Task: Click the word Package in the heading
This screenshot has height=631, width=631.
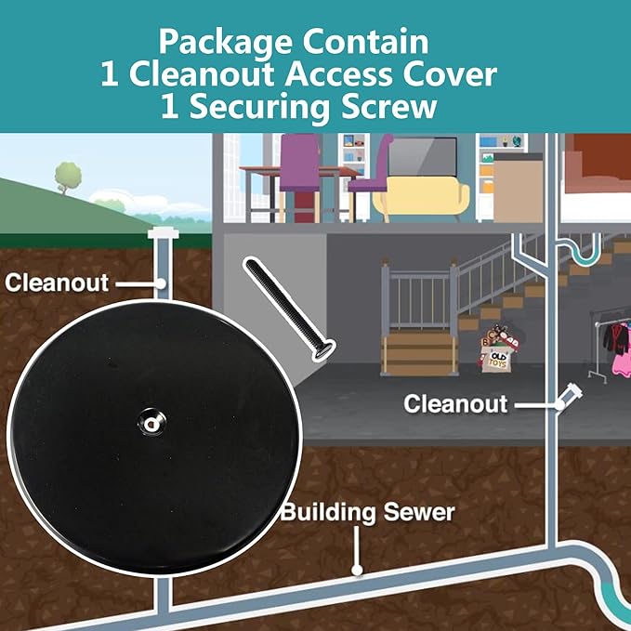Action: click(225, 43)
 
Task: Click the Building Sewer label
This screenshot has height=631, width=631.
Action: click(367, 512)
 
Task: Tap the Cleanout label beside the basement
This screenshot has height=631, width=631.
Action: click(455, 404)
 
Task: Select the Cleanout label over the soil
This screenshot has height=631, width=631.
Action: click(57, 283)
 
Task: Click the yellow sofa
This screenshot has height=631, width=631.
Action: click(421, 198)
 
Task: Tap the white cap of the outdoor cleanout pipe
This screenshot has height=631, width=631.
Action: click(162, 233)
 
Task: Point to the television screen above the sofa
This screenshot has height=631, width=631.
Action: click(422, 156)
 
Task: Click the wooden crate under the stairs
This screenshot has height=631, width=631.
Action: click(419, 353)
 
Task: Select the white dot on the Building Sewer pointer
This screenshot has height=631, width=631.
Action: click(357, 570)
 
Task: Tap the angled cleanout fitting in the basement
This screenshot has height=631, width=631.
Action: click(571, 396)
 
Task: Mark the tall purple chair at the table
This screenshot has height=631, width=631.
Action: click(300, 177)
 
